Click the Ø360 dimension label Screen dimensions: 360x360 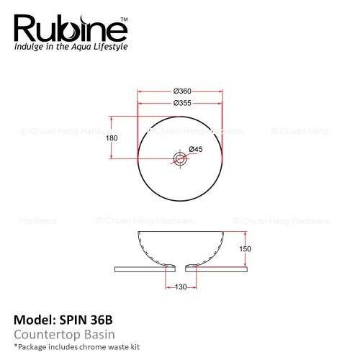(x=182, y=91)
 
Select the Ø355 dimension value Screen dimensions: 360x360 (x=182, y=103)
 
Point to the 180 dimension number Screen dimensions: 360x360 (x=112, y=138)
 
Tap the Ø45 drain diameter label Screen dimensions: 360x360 (x=196, y=149)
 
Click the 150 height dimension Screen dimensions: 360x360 (x=245, y=249)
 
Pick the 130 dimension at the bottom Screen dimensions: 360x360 (x=181, y=287)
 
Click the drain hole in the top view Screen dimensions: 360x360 (x=180, y=158)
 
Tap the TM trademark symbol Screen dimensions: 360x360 (x=124, y=19)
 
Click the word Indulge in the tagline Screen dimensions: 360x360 (x=29, y=47)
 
